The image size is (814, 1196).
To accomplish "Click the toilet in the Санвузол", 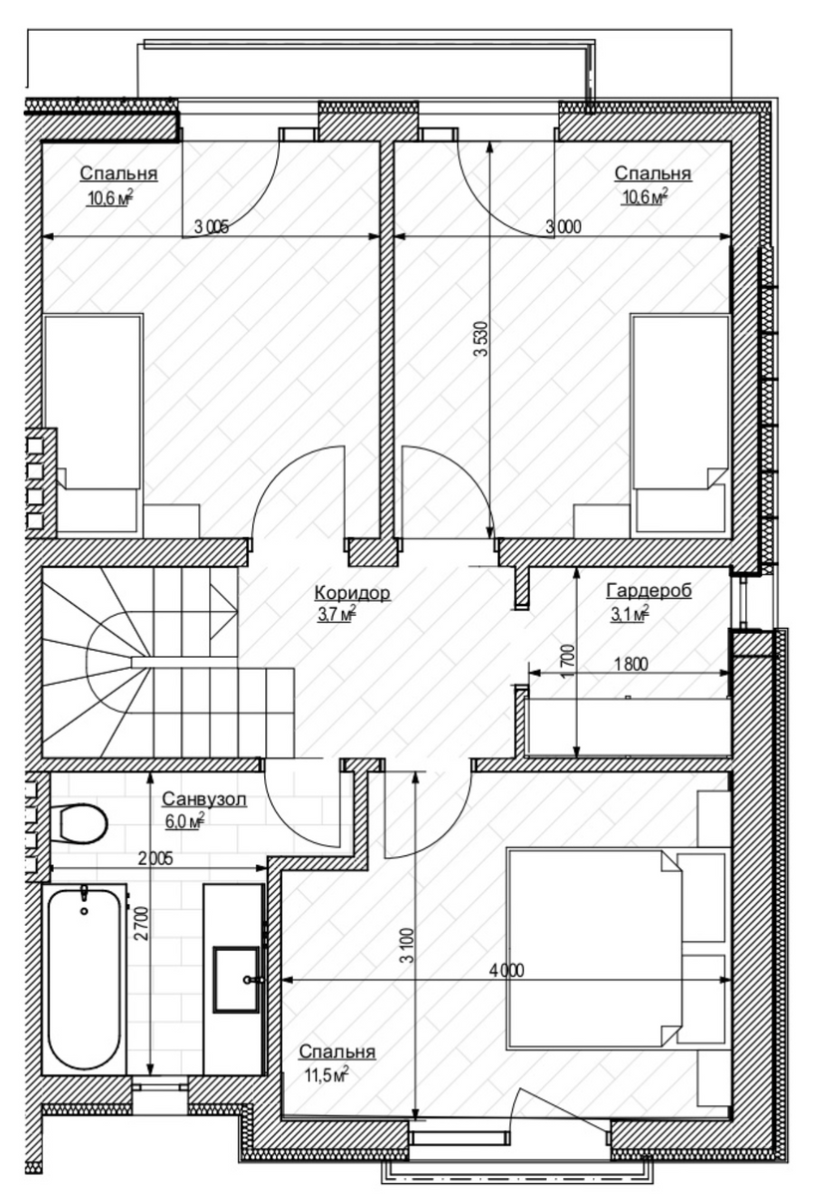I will [x=81, y=823].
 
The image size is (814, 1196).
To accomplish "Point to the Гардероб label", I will [x=649, y=590].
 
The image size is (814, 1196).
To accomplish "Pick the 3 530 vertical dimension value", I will [x=480, y=339].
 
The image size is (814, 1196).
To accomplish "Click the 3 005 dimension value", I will [x=212, y=227].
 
